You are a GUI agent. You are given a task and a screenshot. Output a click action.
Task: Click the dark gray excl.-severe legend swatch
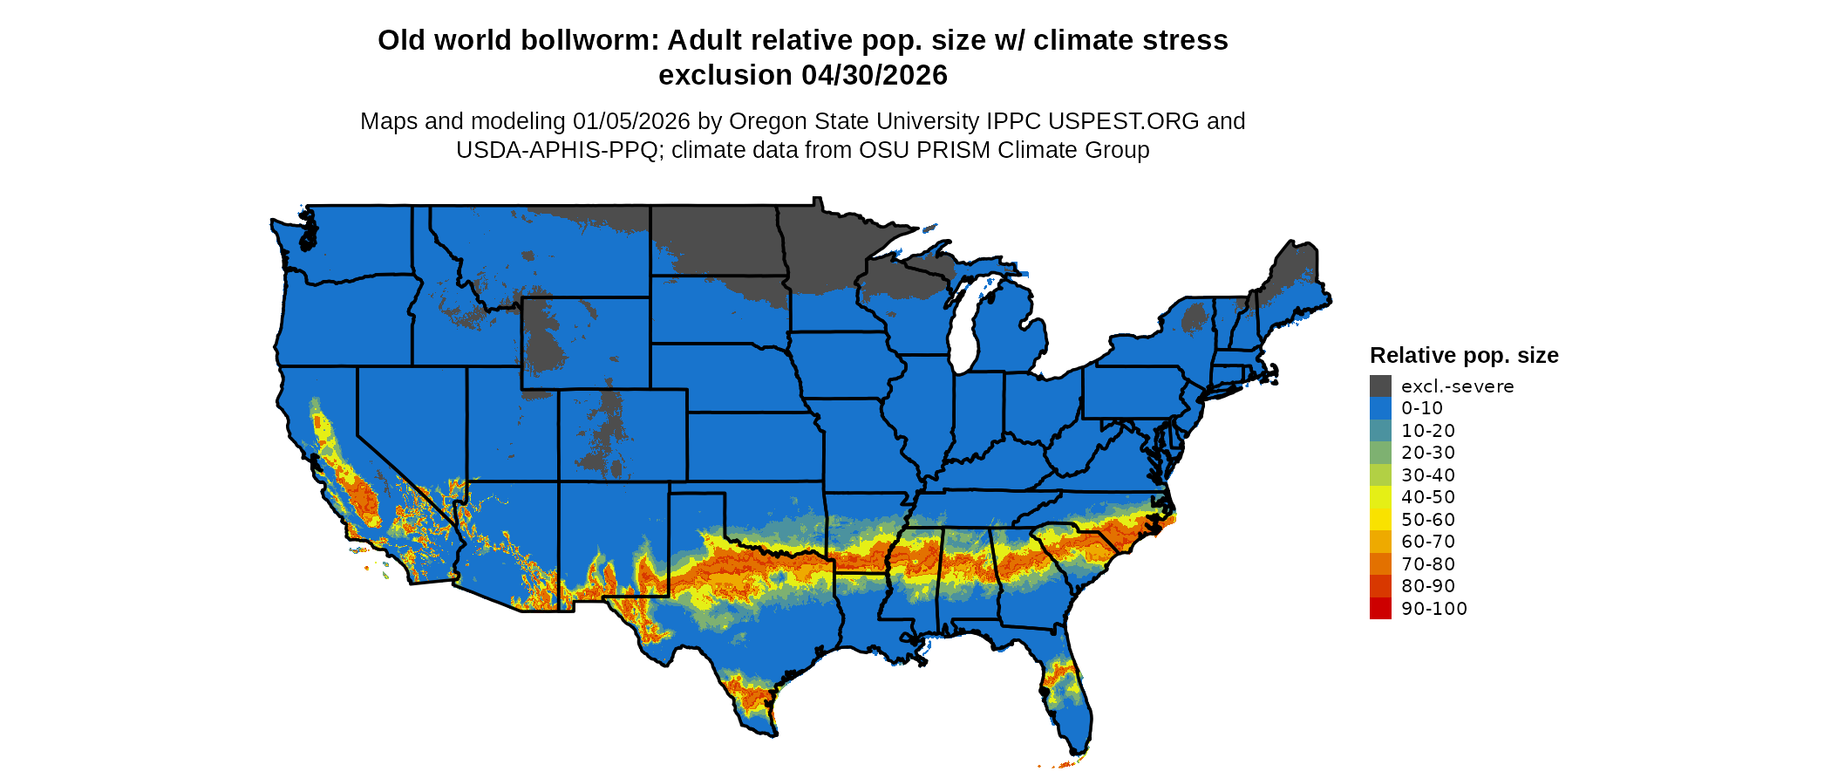pyautogui.click(x=1380, y=386)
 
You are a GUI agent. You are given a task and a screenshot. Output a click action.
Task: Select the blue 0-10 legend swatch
pyautogui.click(x=1380, y=408)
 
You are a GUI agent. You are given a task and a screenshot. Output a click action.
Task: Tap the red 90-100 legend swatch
pyautogui.click(x=1380, y=609)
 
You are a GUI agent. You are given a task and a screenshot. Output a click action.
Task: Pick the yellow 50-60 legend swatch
pyautogui.click(x=1380, y=520)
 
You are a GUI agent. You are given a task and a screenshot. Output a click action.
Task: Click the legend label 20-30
pyautogui.click(x=1428, y=453)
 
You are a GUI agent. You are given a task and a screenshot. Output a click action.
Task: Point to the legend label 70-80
pyautogui.click(x=1428, y=564)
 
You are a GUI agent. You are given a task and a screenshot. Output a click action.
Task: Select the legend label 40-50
pyautogui.click(x=1428, y=497)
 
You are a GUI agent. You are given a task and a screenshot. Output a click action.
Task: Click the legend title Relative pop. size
pyautogui.click(x=1464, y=356)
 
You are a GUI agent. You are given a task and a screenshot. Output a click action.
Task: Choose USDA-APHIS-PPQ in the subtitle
pyautogui.click(x=556, y=150)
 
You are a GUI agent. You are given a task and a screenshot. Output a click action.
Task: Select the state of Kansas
pyautogui.click(x=754, y=446)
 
